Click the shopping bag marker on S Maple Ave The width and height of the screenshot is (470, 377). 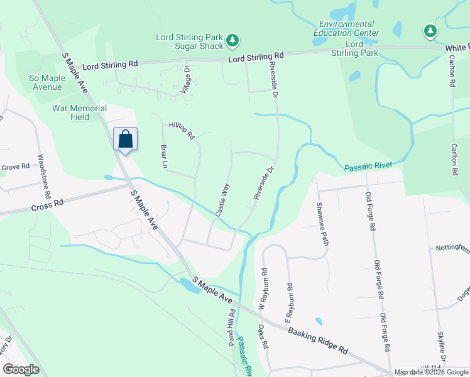click(x=125, y=139)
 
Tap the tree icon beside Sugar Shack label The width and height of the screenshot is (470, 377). click(x=233, y=41)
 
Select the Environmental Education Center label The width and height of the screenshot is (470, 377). click(x=347, y=28)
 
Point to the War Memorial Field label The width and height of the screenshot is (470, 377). click(x=79, y=112)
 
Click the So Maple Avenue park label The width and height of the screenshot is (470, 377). click(x=46, y=82)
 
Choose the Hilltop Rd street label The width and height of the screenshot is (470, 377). click(x=182, y=130)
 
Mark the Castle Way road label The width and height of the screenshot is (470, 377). click(x=223, y=200)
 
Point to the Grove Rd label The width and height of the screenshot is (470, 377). click(x=15, y=167)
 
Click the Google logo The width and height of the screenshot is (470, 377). click(x=21, y=369)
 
